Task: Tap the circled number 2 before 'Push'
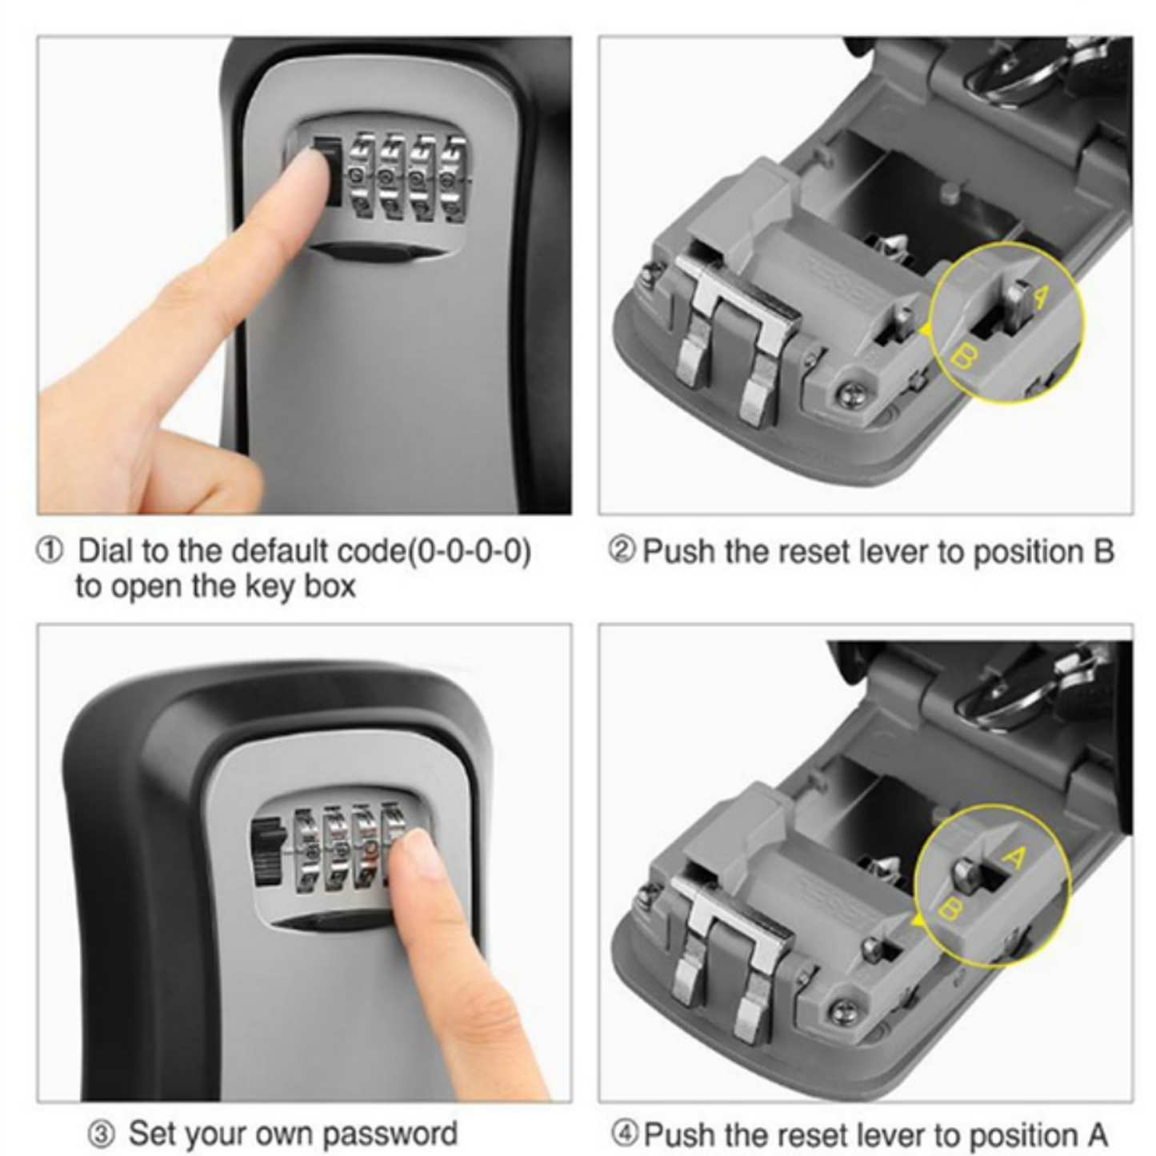(x=622, y=550)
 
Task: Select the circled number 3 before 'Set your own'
(x=102, y=1133)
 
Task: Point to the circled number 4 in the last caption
(x=625, y=1133)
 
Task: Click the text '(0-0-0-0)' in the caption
(x=470, y=552)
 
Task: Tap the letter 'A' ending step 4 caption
(x=1097, y=1134)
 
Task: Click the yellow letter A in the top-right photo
(x=1038, y=297)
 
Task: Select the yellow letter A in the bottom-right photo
(x=1014, y=858)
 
